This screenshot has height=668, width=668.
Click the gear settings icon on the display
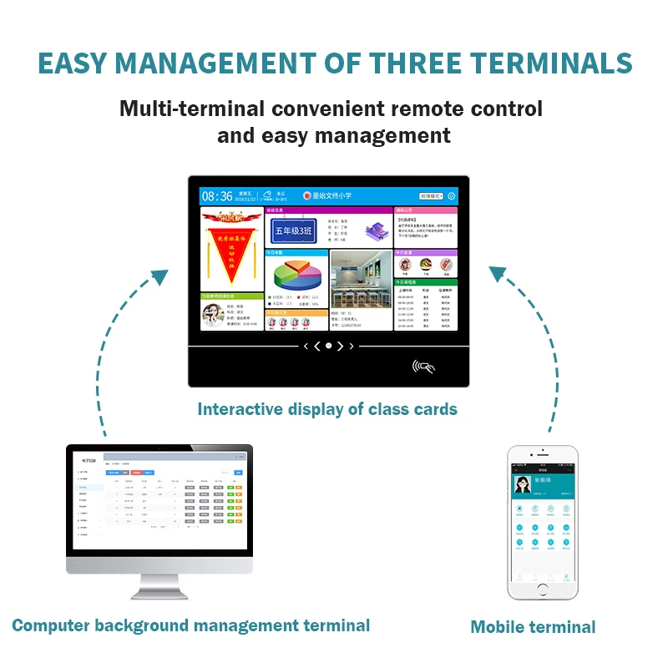[452, 196]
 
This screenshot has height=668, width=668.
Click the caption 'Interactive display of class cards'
[327, 409]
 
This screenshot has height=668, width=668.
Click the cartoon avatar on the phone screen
[522, 484]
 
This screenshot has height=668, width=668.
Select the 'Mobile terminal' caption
[533, 626]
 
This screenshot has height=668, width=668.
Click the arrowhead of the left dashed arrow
[161, 275]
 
